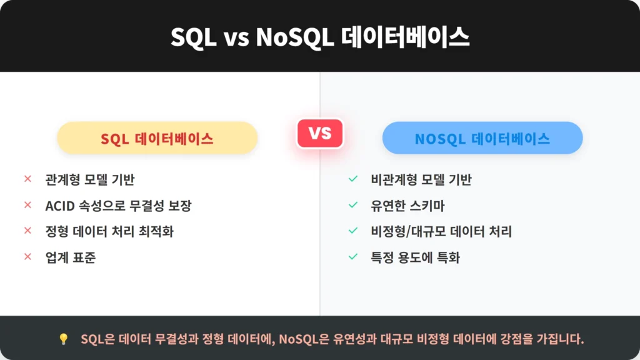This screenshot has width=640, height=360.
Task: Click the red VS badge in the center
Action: coord(320,133)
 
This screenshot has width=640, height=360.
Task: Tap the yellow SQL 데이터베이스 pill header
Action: coord(157,138)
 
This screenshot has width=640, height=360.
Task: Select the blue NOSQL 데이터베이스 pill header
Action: coord(482,138)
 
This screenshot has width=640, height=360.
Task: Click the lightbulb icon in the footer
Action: coord(63,339)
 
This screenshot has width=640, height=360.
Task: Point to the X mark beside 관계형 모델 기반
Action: coord(27,179)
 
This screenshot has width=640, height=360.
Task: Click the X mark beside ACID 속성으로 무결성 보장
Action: coord(27,205)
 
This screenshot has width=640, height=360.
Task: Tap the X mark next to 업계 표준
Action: coord(27,257)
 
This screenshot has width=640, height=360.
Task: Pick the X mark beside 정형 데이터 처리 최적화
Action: coord(27,231)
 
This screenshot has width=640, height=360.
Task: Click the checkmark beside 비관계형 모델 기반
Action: coord(353,179)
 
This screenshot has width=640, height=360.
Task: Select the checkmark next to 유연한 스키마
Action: coord(353,205)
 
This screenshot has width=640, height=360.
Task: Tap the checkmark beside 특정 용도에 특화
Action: coord(353,257)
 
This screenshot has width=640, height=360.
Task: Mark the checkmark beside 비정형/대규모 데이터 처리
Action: coord(353,231)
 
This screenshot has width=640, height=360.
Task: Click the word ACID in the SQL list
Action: coord(60,206)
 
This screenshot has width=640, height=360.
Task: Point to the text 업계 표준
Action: coord(71,257)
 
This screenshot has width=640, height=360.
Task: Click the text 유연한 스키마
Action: coord(407,206)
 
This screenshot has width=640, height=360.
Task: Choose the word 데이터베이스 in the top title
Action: coord(405,37)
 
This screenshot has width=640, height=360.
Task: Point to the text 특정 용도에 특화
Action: coord(415,257)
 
